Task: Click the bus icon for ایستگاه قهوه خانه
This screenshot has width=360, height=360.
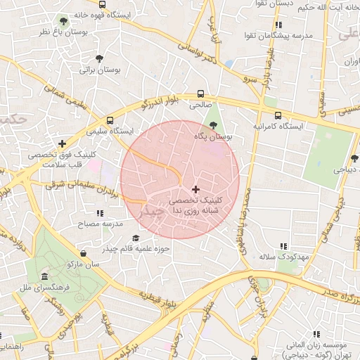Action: tap(103, 4)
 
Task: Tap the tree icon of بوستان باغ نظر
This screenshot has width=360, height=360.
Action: tap(64, 20)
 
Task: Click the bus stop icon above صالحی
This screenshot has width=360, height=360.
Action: tap(201, 94)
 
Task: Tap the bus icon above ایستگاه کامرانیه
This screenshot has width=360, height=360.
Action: tap(278, 115)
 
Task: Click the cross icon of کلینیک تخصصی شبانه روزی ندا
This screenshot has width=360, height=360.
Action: tap(195, 189)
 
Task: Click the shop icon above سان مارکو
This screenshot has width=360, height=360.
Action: tap(84, 252)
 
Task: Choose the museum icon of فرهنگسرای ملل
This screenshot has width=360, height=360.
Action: tap(45, 276)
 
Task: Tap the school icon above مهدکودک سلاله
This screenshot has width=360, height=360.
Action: tap(283, 246)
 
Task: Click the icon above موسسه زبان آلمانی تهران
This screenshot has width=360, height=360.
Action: tap(316, 333)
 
